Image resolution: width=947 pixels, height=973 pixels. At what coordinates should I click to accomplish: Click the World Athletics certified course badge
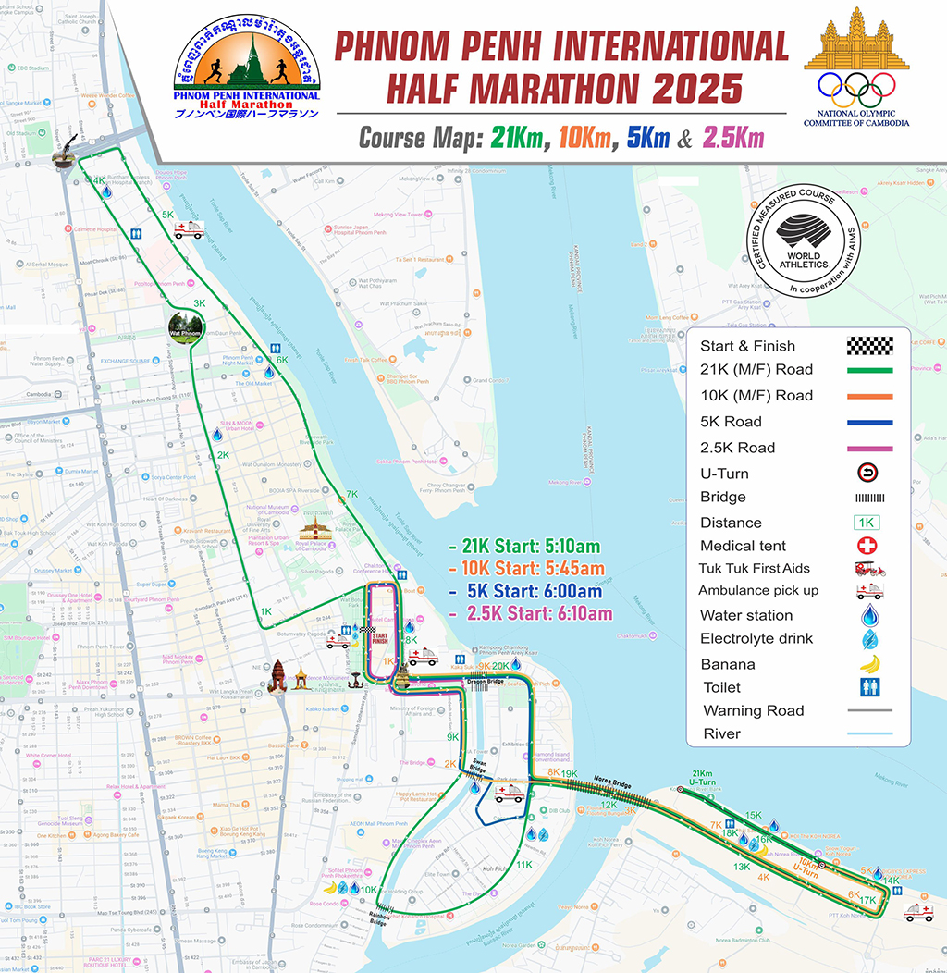click(x=803, y=245)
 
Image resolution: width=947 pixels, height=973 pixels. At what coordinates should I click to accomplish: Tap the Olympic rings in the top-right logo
click(x=856, y=87)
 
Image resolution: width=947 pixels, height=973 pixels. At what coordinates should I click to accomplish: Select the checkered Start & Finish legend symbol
click(x=869, y=346)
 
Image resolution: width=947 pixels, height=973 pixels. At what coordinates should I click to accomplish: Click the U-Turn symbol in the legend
click(x=869, y=473)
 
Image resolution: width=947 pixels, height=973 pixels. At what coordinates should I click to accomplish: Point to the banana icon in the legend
click(x=869, y=663)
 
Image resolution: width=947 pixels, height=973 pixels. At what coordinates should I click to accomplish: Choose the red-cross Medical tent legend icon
click(x=869, y=546)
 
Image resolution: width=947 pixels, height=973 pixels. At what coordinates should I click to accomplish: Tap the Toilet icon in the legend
click(x=869, y=687)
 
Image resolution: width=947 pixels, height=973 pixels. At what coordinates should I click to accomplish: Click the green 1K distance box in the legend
click(x=869, y=523)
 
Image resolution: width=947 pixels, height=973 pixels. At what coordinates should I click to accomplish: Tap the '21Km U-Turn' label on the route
click(x=703, y=778)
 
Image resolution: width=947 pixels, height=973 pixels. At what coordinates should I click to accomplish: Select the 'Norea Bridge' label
click(x=611, y=782)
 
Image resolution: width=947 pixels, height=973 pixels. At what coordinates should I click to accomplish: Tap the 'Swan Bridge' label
click(x=476, y=767)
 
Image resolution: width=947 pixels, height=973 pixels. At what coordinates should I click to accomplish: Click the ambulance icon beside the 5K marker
click(x=188, y=229)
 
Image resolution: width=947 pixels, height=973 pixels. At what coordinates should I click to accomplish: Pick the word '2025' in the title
click(x=698, y=89)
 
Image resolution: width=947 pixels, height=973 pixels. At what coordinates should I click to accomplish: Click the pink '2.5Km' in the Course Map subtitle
click(x=733, y=139)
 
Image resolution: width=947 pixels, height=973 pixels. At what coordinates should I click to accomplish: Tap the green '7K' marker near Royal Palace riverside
click(x=351, y=494)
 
